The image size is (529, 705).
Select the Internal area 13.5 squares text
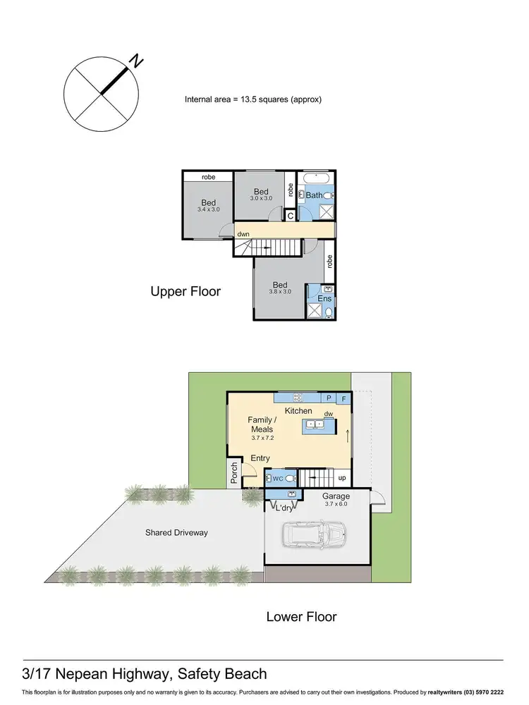tap(253, 99)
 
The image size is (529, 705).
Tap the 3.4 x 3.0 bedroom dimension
tap(208, 210)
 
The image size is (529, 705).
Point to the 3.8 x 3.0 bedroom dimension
tap(280, 292)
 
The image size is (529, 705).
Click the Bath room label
tap(314, 195)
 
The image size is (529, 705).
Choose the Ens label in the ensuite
tap(324, 300)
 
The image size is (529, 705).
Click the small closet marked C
tap(290, 216)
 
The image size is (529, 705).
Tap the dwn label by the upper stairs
tap(243, 233)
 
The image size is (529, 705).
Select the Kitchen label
tap(298, 410)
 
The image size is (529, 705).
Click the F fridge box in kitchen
tap(345, 398)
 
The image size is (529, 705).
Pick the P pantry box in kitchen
tap(328, 398)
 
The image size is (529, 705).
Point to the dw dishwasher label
tap(328, 414)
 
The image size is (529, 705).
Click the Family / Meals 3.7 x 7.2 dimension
tap(261, 438)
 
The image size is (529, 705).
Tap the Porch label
tap(234, 473)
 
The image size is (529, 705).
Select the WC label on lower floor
tap(278, 478)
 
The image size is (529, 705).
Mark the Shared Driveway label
tap(177, 533)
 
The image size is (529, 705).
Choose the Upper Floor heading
tap(186, 291)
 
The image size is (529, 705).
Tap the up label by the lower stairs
tap(342, 478)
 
